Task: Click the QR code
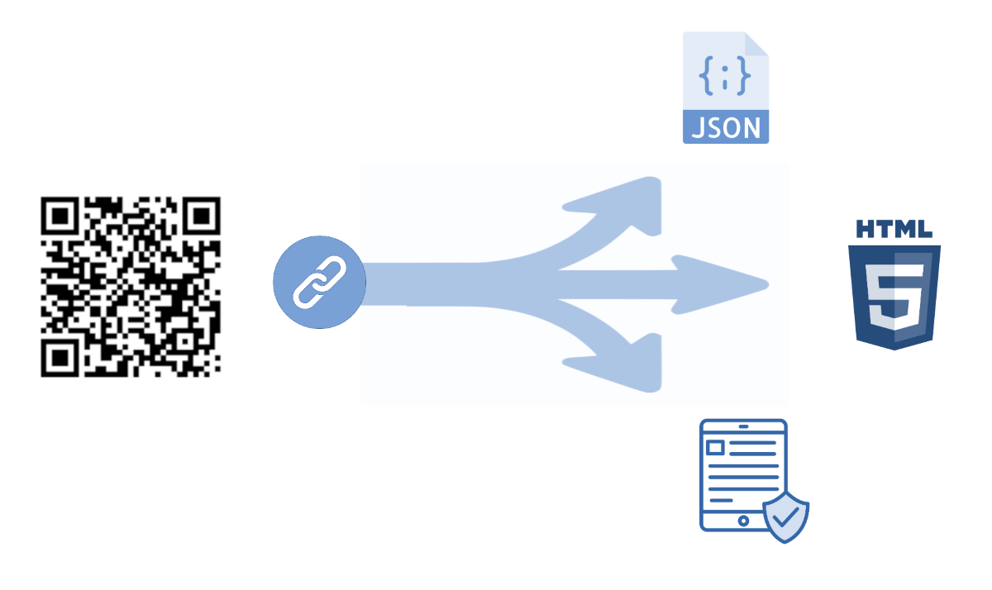[x=131, y=287]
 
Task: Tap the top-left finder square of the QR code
[x=60, y=216]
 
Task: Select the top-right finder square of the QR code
[x=202, y=216]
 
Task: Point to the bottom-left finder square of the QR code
[x=60, y=358]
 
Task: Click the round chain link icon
[x=319, y=283]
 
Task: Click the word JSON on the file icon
[x=726, y=128]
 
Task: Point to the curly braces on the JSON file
[x=725, y=76]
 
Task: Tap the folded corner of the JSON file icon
[x=756, y=44]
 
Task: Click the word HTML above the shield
[x=894, y=229]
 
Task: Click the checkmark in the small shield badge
[x=786, y=516]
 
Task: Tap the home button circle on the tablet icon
[x=743, y=521]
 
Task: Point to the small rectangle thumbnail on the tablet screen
[x=715, y=448]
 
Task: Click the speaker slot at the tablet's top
[x=743, y=426]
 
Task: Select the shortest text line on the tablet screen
[x=721, y=500]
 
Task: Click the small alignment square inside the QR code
[x=185, y=342]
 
